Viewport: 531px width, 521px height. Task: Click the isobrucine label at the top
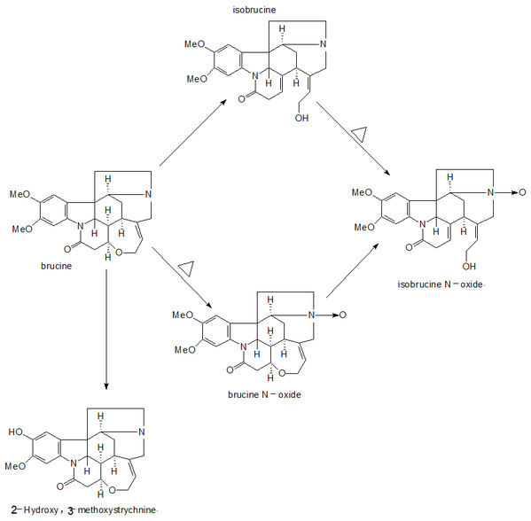[254, 10]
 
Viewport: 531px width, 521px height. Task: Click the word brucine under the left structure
[56, 266]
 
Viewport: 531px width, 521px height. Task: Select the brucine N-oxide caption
[264, 394]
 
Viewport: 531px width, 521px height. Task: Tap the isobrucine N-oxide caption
[441, 284]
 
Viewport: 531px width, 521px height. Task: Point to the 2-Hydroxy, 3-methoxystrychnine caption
[83, 509]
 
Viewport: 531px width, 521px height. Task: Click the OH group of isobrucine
[301, 118]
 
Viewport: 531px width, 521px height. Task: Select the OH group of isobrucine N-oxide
[469, 266]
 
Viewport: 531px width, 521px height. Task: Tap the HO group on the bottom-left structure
[16, 432]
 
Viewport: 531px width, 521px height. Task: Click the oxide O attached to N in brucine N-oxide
[343, 315]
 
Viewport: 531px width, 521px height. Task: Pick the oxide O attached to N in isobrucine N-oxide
[522, 192]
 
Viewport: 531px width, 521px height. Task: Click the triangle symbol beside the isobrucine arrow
[359, 135]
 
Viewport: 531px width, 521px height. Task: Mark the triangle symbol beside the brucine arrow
[186, 268]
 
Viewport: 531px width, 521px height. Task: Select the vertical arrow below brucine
[106, 329]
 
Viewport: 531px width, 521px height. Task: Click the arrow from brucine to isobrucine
[192, 133]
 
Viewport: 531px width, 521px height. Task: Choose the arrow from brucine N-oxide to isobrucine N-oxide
[352, 270]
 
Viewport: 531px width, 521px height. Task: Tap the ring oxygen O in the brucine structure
[119, 253]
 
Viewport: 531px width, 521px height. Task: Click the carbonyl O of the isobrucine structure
[241, 99]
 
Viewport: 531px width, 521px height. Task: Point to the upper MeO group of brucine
[20, 194]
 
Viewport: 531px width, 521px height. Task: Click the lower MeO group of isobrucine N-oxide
[364, 227]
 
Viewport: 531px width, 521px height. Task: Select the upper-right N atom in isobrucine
[323, 43]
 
